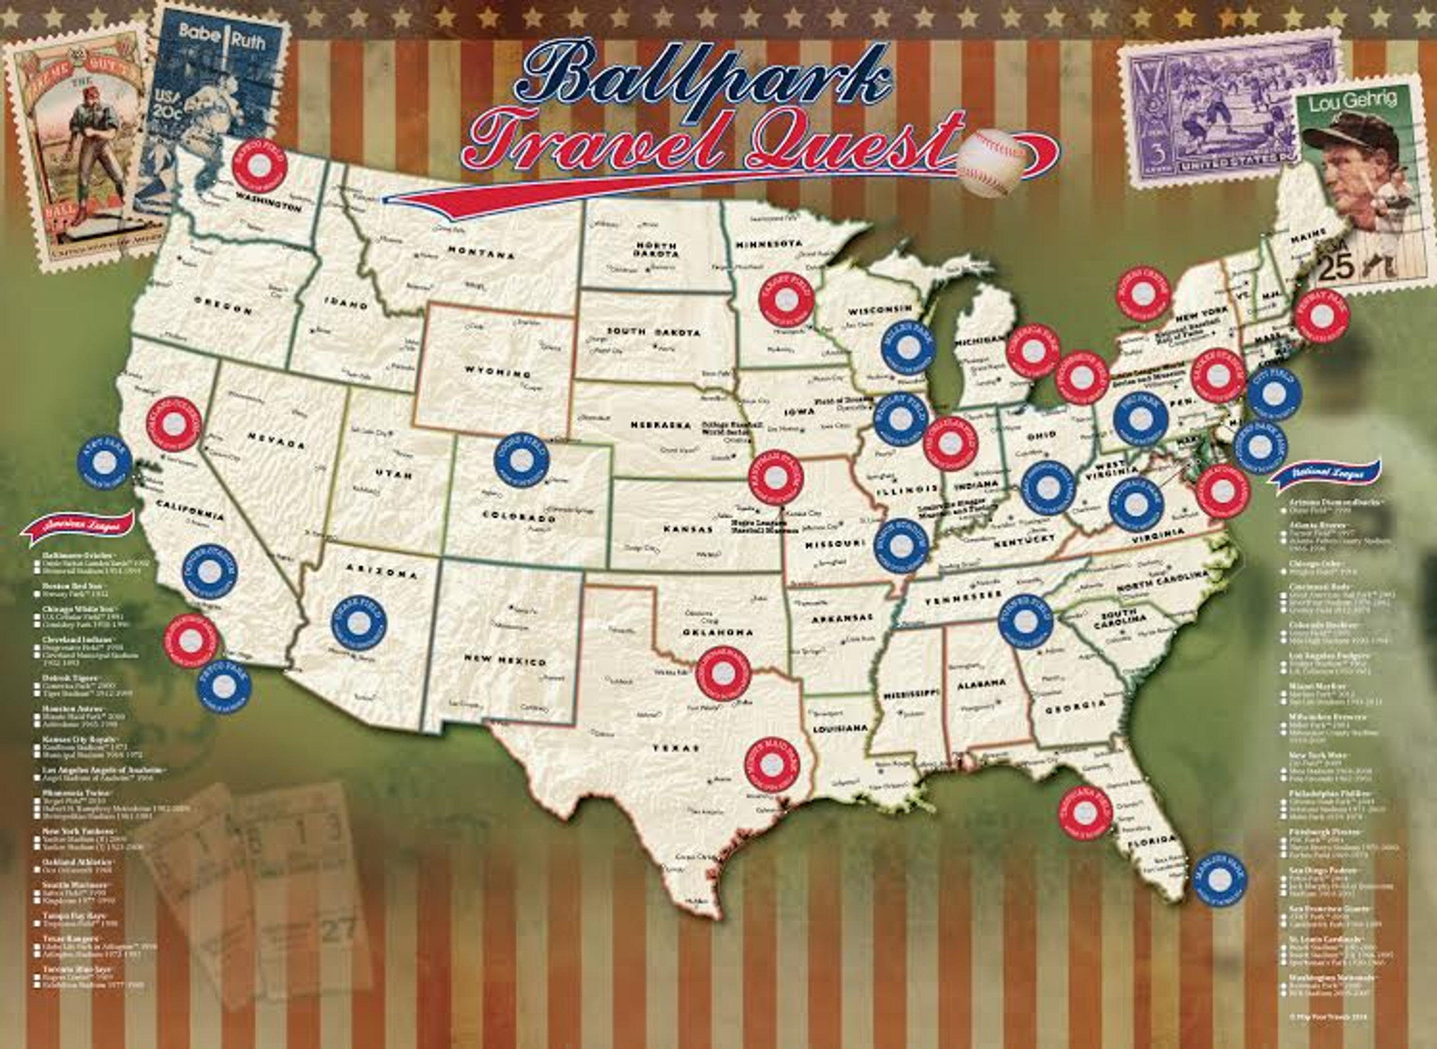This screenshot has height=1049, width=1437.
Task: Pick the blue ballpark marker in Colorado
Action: pyautogui.click(x=521, y=460)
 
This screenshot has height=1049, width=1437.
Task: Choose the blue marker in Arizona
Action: pyautogui.click(x=359, y=623)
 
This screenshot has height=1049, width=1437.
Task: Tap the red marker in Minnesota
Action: pyautogui.click(x=786, y=300)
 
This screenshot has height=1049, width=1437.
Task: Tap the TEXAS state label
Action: pyautogui.click(x=676, y=748)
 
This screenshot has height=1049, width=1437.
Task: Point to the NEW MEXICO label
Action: pyautogui.click(x=505, y=660)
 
